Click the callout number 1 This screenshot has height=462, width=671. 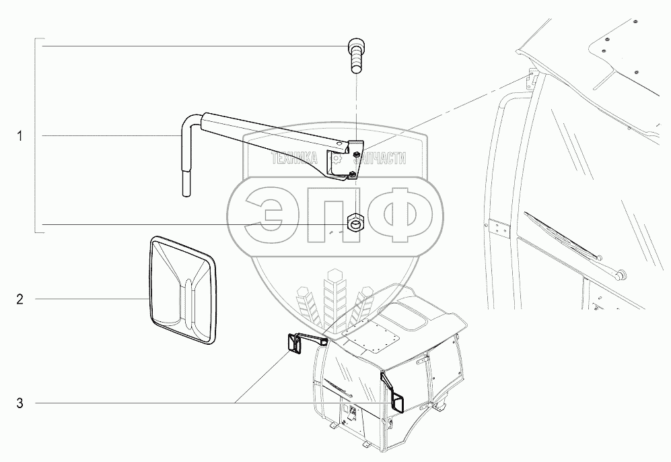coord(20,136)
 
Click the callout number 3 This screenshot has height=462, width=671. coord(20,403)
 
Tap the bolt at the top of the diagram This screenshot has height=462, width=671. coord(355,55)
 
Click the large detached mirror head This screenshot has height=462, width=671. coord(181,290)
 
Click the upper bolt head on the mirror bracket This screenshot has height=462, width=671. coord(354,155)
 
